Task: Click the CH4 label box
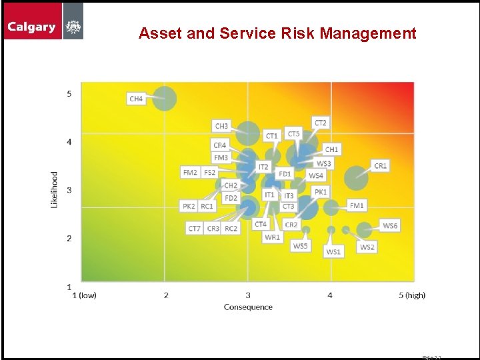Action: coord(136,99)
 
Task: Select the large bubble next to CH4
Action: coord(165,99)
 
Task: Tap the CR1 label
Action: coord(380,165)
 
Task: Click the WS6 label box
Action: coord(390,226)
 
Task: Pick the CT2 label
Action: coord(321,123)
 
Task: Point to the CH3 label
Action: coord(221,126)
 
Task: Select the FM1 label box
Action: coord(357,205)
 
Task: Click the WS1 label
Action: coord(333,252)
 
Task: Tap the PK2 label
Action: coord(189,206)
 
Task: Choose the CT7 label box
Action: coord(194,229)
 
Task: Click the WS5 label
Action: coord(301,246)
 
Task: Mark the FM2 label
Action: coord(190,172)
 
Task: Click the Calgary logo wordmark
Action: coord(31,27)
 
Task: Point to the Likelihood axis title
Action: coord(55,189)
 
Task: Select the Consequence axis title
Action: coord(248,307)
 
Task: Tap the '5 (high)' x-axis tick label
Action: coord(411,295)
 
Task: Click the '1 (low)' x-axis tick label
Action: coord(84,295)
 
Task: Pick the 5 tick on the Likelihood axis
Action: coord(69,94)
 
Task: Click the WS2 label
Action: coord(367,247)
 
